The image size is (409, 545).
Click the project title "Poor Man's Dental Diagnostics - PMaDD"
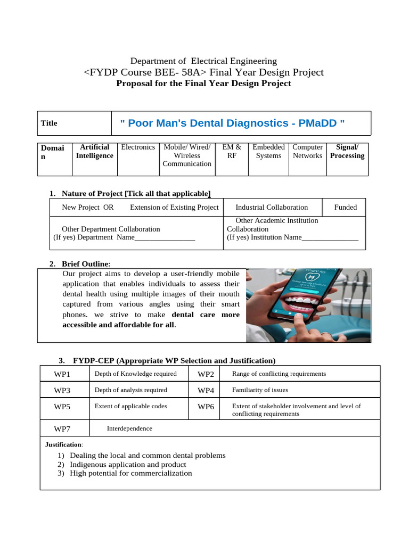(232, 123)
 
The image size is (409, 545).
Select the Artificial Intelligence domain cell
(94, 152)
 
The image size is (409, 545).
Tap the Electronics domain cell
(138, 147)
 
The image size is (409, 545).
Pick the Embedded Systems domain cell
(268, 152)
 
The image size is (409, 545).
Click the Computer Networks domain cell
(307, 152)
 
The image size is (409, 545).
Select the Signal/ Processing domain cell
(347, 152)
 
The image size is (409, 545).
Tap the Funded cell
(345, 208)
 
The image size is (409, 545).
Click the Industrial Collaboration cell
(272, 208)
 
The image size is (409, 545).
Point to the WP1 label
(62, 375)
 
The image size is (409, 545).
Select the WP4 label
(206, 391)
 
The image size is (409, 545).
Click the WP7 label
(62, 429)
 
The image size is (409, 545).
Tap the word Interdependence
(129, 428)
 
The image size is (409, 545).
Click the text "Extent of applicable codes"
(130, 407)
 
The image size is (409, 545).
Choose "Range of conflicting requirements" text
(279, 374)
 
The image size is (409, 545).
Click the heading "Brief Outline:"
(86, 264)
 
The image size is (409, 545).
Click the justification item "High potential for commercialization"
(130, 473)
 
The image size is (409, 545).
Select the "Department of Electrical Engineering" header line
(204, 61)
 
